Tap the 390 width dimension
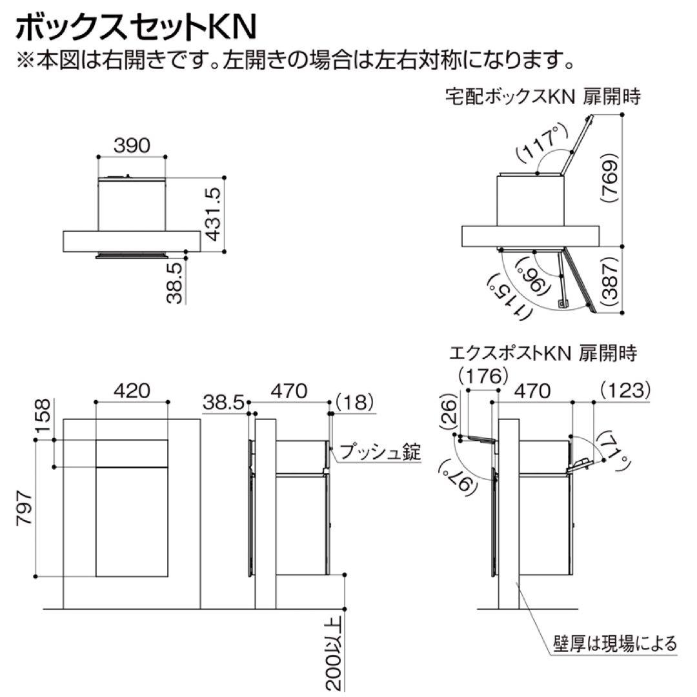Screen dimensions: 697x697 (132, 146)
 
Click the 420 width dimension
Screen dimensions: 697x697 (132, 390)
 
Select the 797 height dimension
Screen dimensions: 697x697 (25, 509)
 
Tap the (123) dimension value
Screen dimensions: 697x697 (623, 390)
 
